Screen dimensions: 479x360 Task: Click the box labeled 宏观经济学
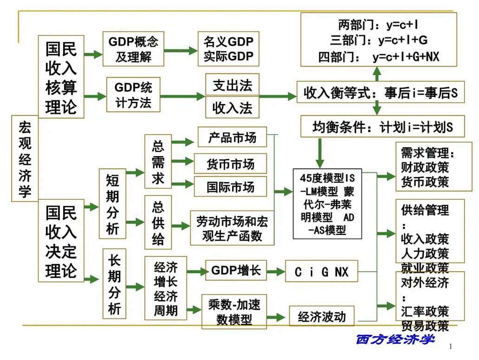point(25,158)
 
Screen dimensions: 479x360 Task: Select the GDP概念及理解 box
point(133,49)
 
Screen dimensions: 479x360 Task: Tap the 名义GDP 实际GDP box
point(228,49)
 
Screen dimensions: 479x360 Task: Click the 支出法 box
point(232,85)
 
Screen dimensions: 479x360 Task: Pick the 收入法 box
point(232,108)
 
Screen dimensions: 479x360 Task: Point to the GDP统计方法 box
point(133,95)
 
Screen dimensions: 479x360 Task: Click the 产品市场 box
point(232,137)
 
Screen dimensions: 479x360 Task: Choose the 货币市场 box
point(230,164)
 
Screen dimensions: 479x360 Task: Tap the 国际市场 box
point(230,186)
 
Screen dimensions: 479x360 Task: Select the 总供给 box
point(158,223)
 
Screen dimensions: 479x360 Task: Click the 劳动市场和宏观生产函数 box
point(232,228)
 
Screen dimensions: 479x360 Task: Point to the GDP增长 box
point(236,270)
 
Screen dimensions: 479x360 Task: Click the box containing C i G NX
point(321,271)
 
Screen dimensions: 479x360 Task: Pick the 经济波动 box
point(322,316)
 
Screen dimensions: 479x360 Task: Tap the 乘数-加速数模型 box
point(234,312)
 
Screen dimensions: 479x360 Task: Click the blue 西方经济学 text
point(395,339)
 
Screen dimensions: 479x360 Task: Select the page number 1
point(451,346)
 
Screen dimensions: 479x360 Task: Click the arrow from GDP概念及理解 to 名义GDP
point(181,51)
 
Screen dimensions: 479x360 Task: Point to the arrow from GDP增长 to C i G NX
point(276,271)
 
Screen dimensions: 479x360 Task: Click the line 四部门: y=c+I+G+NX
point(379,57)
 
